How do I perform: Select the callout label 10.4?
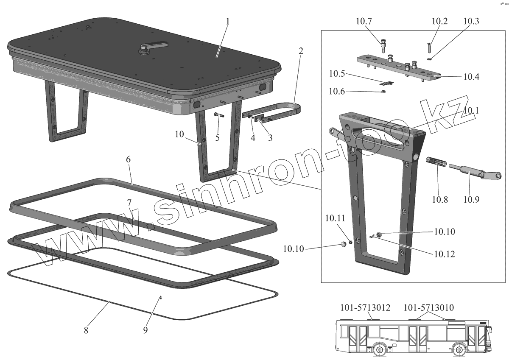click(x=471, y=77)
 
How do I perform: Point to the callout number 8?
click(x=86, y=330)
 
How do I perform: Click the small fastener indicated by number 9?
click(x=162, y=298)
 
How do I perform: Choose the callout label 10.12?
click(x=444, y=254)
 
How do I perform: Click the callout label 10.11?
click(x=336, y=218)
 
